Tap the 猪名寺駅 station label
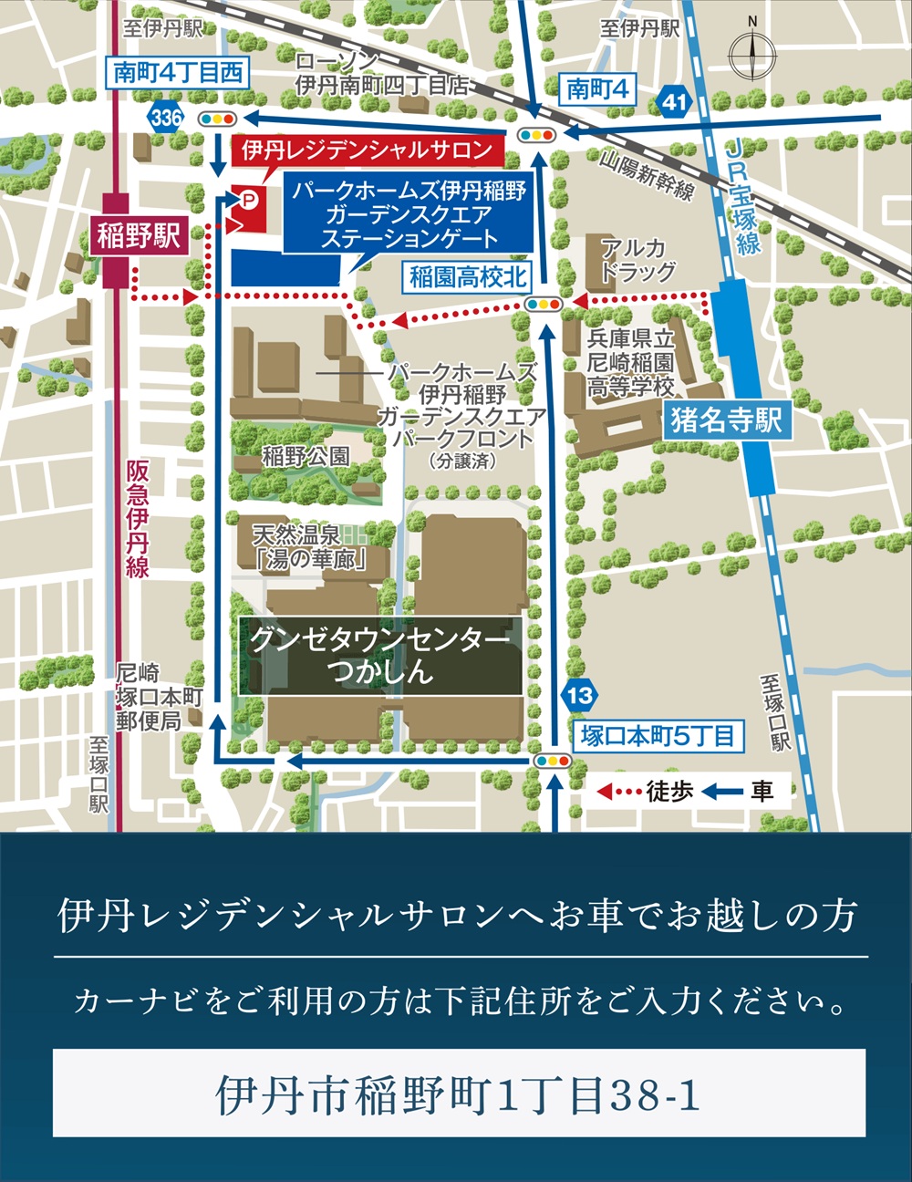click(x=726, y=420)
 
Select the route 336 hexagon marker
click(x=166, y=118)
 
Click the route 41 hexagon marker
click(x=673, y=101)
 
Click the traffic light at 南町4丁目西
click(x=218, y=119)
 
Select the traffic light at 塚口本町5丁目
click(x=553, y=761)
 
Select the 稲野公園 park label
click(x=306, y=456)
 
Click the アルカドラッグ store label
click(x=637, y=260)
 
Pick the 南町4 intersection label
click(x=597, y=88)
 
